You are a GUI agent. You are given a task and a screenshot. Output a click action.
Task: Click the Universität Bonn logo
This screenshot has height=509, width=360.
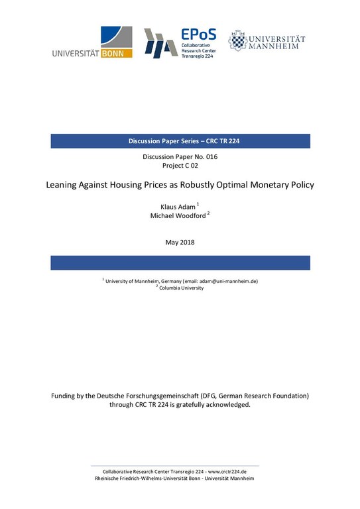[92, 42]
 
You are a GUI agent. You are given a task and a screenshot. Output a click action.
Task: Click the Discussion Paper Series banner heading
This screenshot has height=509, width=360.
[180, 141]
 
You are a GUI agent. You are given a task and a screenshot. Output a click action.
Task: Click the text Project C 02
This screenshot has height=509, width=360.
[180, 166]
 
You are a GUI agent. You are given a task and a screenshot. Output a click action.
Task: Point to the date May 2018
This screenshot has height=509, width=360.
[180, 242]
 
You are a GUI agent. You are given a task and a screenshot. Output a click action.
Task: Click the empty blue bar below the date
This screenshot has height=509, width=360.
[180, 262]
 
